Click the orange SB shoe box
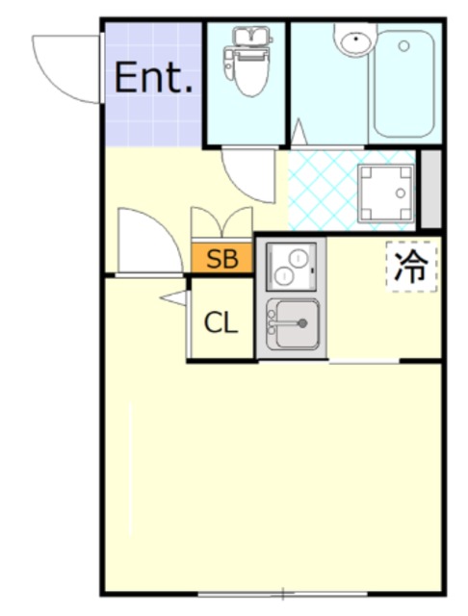point(222,258)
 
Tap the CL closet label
point(221,323)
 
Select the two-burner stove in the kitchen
point(290,265)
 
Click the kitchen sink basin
point(294,323)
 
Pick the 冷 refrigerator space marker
point(411,267)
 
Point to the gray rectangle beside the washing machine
point(430,190)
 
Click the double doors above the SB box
point(221,223)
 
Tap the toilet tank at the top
point(247,36)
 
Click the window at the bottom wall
point(282,594)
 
